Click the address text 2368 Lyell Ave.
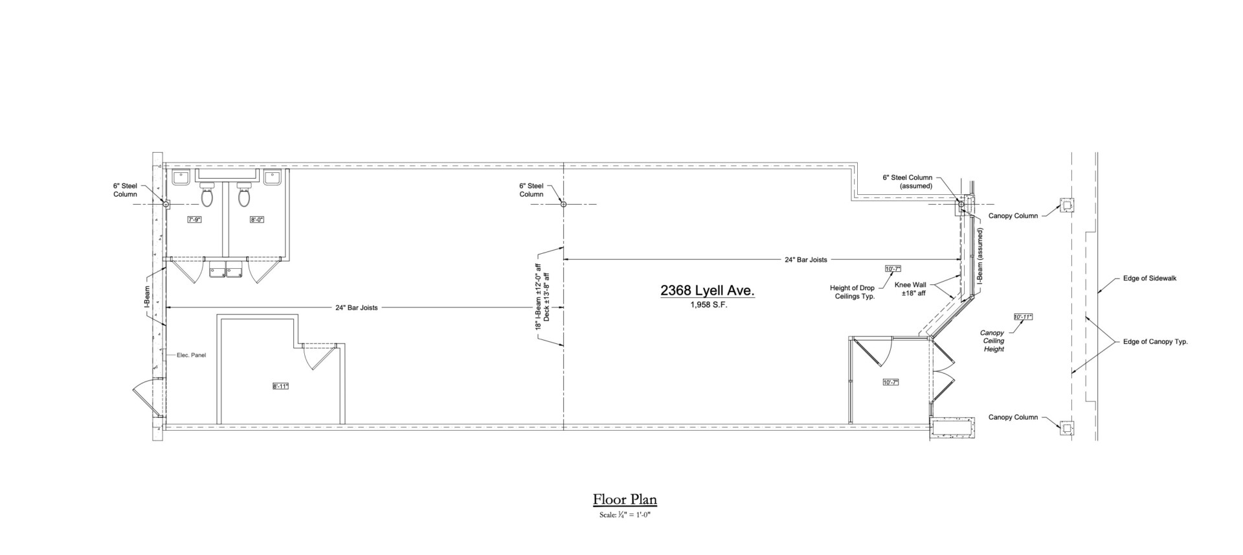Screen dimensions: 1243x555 pos(708,291)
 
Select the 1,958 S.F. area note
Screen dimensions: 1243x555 pos(709,305)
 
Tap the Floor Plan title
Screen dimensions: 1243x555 pos(625,499)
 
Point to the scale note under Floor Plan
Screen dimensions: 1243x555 pos(625,515)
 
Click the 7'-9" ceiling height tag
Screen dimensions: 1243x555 pos(195,220)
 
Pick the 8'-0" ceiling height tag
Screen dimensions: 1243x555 pos(257,220)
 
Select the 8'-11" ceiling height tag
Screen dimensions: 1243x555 pos(280,387)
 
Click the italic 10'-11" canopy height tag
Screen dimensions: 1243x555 pos(1023,317)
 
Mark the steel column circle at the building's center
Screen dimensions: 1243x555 pos(563,204)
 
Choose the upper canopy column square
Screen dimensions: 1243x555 pos(1066,206)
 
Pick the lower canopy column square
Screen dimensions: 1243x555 pos(1066,427)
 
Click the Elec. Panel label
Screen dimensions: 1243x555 pos(192,355)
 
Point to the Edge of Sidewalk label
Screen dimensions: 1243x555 pos(1150,278)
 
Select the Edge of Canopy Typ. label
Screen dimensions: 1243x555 pos(1156,341)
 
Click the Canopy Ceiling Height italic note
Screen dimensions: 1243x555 pos(993,341)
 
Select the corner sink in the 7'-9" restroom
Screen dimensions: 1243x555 pos(179,177)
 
